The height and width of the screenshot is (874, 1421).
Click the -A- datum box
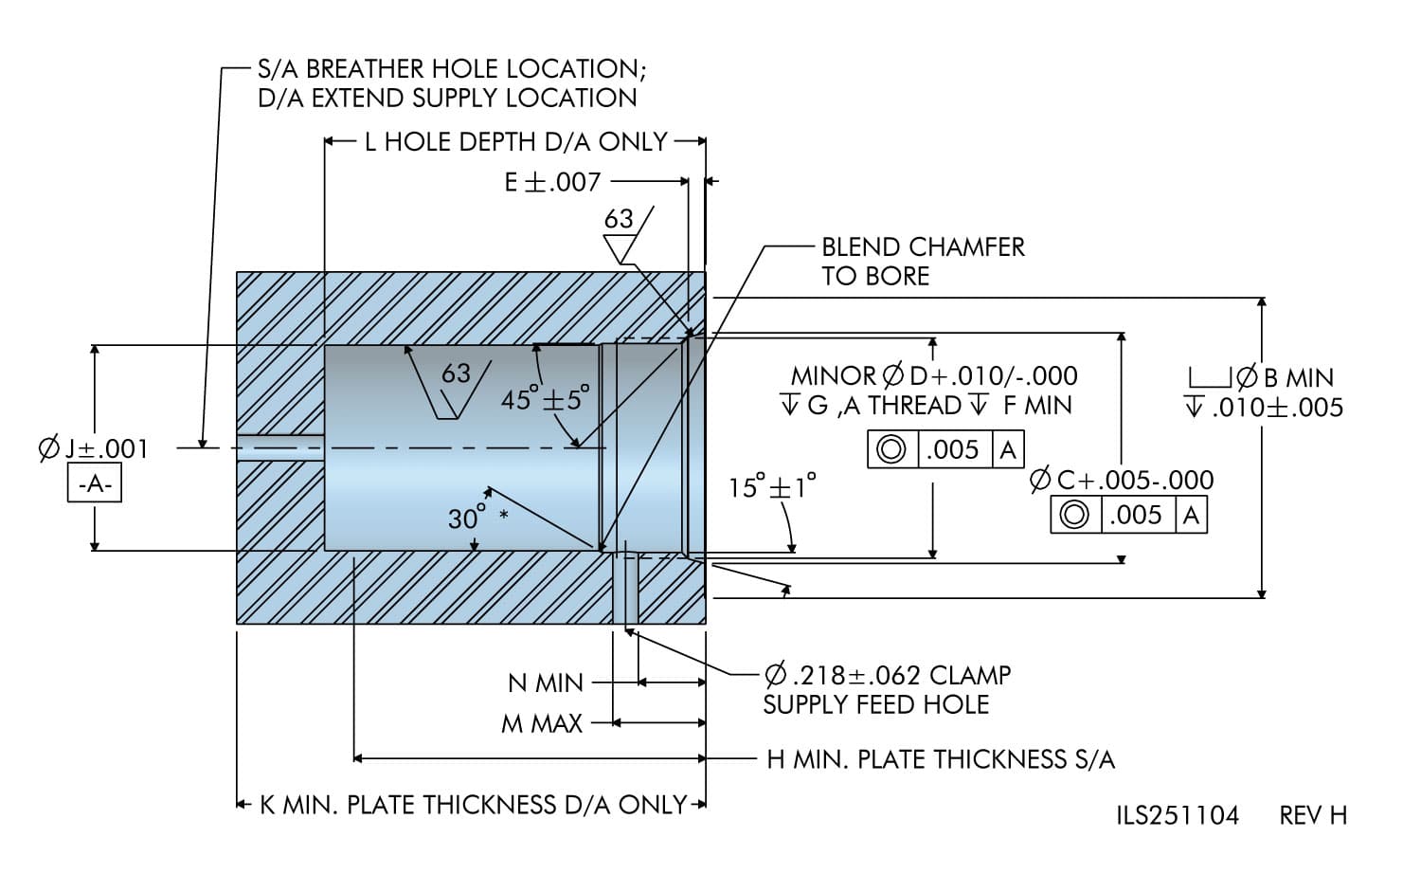(95, 484)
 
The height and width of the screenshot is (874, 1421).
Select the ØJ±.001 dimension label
(94, 448)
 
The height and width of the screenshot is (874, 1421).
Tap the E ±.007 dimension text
(552, 181)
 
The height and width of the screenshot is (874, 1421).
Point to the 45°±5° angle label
(545, 398)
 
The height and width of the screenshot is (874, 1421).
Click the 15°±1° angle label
(772, 487)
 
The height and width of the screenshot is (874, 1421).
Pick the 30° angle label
(467, 519)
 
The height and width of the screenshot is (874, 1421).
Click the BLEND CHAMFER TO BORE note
(922, 262)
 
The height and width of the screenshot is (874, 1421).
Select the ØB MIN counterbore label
(1265, 378)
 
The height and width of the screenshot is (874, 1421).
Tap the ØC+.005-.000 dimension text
(1122, 480)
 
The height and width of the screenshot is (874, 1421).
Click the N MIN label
(546, 683)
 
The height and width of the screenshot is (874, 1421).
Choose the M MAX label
(542, 724)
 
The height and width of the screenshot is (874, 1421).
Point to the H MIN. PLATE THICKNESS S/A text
(940, 759)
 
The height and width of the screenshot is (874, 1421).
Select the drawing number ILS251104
(1178, 815)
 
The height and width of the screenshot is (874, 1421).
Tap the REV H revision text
(1313, 815)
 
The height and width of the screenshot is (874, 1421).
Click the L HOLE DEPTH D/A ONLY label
(516, 142)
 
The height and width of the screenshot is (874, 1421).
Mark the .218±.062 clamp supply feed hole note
(887, 689)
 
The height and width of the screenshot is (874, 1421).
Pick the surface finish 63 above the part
(619, 220)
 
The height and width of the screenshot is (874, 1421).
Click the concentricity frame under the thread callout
(945, 449)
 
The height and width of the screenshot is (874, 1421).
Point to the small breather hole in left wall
(280, 447)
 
